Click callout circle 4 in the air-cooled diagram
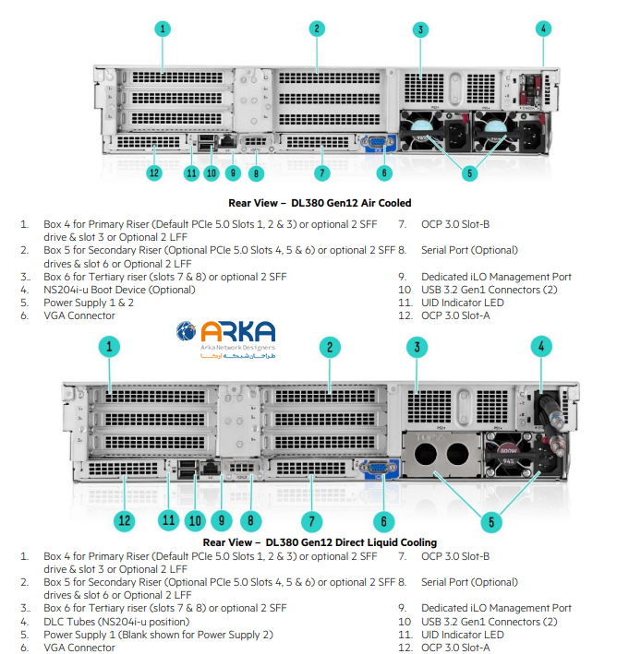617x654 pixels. click(x=544, y=28)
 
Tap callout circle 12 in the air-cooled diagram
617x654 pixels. click(x=154, y=172)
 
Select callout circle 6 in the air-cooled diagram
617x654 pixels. click(x=385, y=172)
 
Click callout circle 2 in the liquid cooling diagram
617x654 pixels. click(x=328, y=347)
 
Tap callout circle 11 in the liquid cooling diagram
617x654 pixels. click(x=167, y=520)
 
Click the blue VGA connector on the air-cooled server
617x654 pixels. click(x=376, y=142)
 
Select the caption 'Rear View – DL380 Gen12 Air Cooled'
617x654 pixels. click(x=320, y=203)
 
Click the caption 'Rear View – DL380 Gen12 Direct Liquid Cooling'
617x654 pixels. click(x=320, y=542)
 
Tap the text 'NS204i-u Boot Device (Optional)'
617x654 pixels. click(x=119, y=290)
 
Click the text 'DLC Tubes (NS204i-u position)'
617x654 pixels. click(x=115, y=622)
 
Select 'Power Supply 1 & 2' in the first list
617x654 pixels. click(x=89, y=303)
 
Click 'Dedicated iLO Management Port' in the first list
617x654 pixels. click(x=496, y=277)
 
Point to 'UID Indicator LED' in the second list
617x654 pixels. click(x=463, y=635)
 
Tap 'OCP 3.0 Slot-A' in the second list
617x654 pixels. click(x=455, y=648)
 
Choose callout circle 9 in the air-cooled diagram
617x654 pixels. click(x=233, y=172)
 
